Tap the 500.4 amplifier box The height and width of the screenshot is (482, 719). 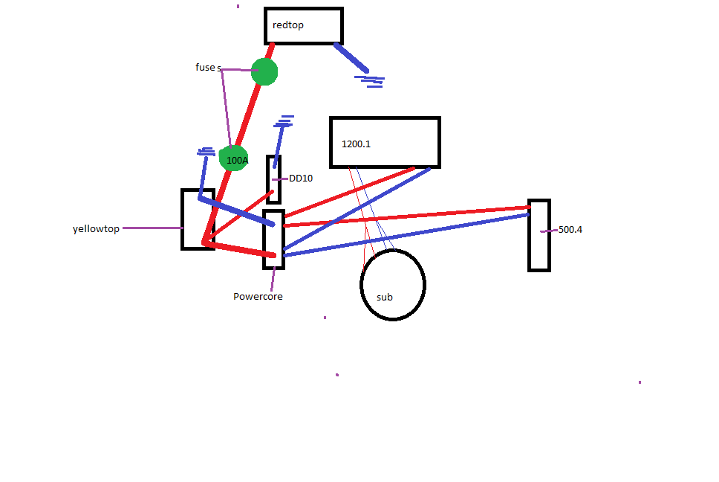(539, 235)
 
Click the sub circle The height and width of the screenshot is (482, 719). (393, 285)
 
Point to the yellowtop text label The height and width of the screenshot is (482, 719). (96, 229)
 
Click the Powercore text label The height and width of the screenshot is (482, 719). (258, 296)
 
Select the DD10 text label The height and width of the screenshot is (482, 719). (301, 179)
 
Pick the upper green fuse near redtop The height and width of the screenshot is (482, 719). (264, 72)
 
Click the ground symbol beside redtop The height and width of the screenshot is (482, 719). (370, 79)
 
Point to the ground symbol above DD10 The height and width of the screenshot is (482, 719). (284, 120)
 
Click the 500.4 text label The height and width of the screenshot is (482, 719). (570, 230)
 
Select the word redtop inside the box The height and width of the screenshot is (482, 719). (288, 25)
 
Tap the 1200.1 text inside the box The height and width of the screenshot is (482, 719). (356, 144)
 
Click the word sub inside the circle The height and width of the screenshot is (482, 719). (385, 298)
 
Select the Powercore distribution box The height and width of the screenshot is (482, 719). (273, 240)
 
